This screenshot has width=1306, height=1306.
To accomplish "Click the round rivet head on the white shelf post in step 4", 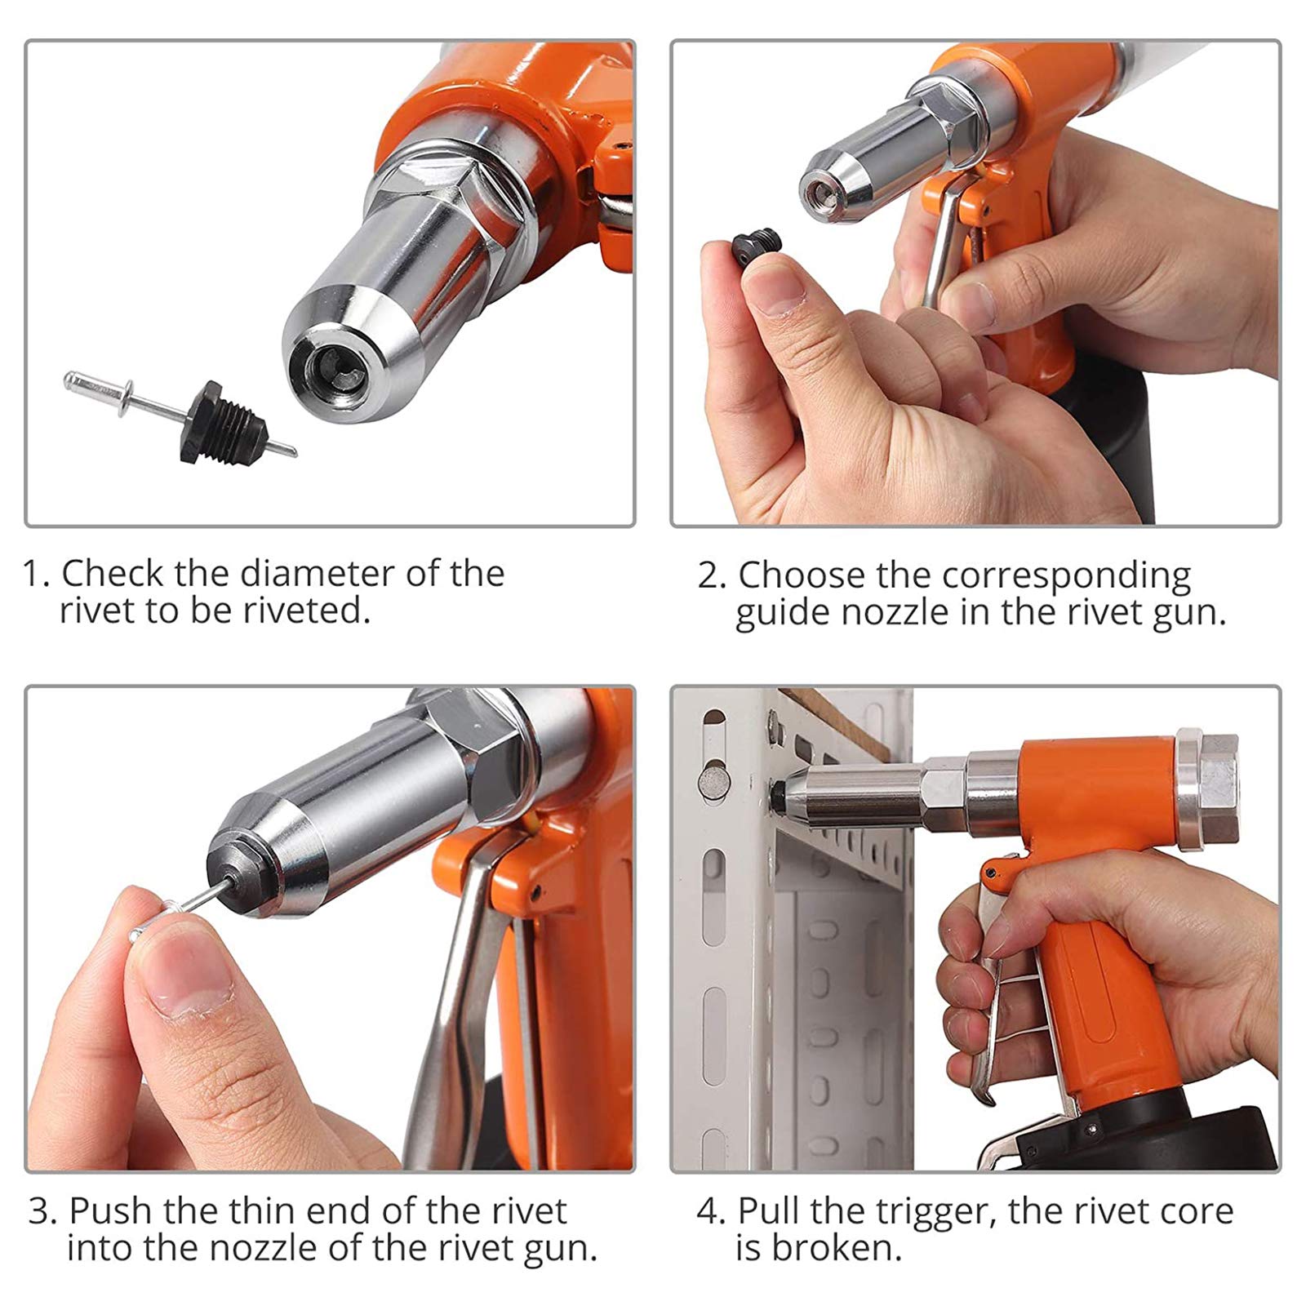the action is tap(713, 779).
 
